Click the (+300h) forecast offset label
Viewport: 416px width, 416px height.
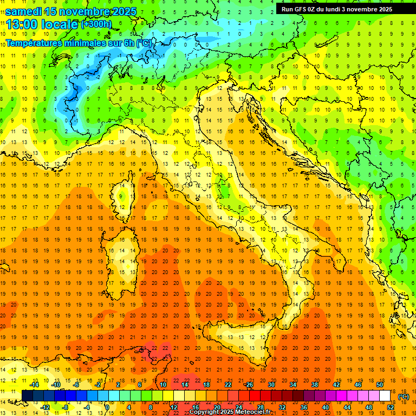96,24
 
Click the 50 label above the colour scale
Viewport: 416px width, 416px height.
380,385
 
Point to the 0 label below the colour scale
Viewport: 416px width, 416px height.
108,407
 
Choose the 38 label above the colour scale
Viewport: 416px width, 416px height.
315,385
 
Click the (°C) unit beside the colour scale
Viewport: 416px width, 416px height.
404,396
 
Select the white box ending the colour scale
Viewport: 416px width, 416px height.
385,396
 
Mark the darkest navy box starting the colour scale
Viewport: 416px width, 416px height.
27,396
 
